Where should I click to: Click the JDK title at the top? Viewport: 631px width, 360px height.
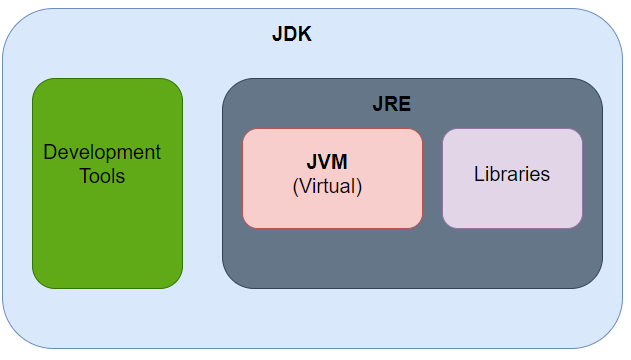[292, 34]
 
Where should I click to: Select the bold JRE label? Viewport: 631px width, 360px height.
[391, 104]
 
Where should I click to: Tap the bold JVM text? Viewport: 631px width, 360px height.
[327, 162]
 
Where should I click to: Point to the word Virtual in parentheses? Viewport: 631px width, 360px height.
[327, 186]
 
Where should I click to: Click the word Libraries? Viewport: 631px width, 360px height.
[512, 174]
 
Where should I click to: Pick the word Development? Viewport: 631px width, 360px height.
[102, 153]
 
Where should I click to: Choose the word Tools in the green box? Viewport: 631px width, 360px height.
[102, 176]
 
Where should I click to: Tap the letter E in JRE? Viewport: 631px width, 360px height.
[404, 104]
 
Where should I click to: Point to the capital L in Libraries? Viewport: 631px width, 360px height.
[478, 174]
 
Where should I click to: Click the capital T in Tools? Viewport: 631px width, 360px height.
[84, 176]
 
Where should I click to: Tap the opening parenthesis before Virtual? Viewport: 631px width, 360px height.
[295, 186]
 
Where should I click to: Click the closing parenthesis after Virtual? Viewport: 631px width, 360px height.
[359, 186]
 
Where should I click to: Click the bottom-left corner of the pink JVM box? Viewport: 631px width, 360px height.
[245, 225]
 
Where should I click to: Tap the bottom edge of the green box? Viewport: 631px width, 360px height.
[107, 288]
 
